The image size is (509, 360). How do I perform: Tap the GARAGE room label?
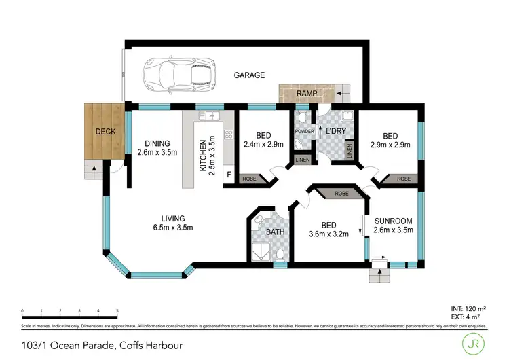coord(249,75)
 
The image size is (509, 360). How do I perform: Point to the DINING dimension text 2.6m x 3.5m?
coord(157,153)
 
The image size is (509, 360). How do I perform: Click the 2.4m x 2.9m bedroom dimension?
coord(263,143)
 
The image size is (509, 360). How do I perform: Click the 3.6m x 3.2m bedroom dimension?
coord(329,235)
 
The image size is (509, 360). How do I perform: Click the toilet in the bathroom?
coord(280,255)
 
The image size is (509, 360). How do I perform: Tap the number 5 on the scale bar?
coord(117,310)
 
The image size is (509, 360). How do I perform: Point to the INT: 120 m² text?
coord(468,309)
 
